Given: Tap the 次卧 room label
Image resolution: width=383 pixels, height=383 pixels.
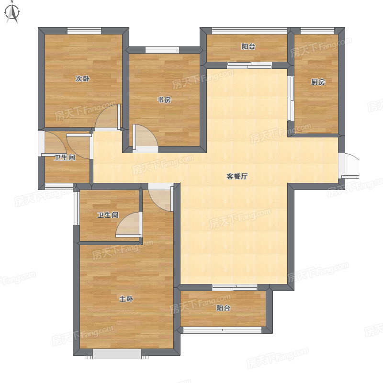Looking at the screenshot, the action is (82, 79).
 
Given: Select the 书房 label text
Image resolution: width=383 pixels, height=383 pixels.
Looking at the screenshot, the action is (164, 100).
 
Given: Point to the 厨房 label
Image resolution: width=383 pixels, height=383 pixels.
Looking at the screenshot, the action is (318, 82).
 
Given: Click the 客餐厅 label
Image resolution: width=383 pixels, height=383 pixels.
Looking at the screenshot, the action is (237, 176).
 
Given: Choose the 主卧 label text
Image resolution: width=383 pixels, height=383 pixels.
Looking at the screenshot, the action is (126, 299).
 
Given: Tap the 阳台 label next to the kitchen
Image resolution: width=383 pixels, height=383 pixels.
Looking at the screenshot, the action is (248, 46).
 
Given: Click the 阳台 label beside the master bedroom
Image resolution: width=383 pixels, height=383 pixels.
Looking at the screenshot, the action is (223, 308).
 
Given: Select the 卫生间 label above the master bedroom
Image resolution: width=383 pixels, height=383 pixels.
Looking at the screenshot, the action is (108, 215).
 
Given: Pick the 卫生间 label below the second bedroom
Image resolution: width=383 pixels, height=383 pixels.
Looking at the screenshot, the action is (65, 158).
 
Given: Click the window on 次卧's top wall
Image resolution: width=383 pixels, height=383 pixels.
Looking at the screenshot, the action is (84, 31).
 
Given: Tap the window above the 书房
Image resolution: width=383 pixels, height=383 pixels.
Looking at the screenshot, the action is (162, 50).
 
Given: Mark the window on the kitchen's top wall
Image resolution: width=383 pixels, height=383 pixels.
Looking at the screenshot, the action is (317, 31).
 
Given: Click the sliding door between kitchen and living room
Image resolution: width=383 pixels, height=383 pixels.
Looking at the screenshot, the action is (291, 99).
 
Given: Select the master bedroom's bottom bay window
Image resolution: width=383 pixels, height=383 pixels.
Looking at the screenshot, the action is (117, 354).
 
